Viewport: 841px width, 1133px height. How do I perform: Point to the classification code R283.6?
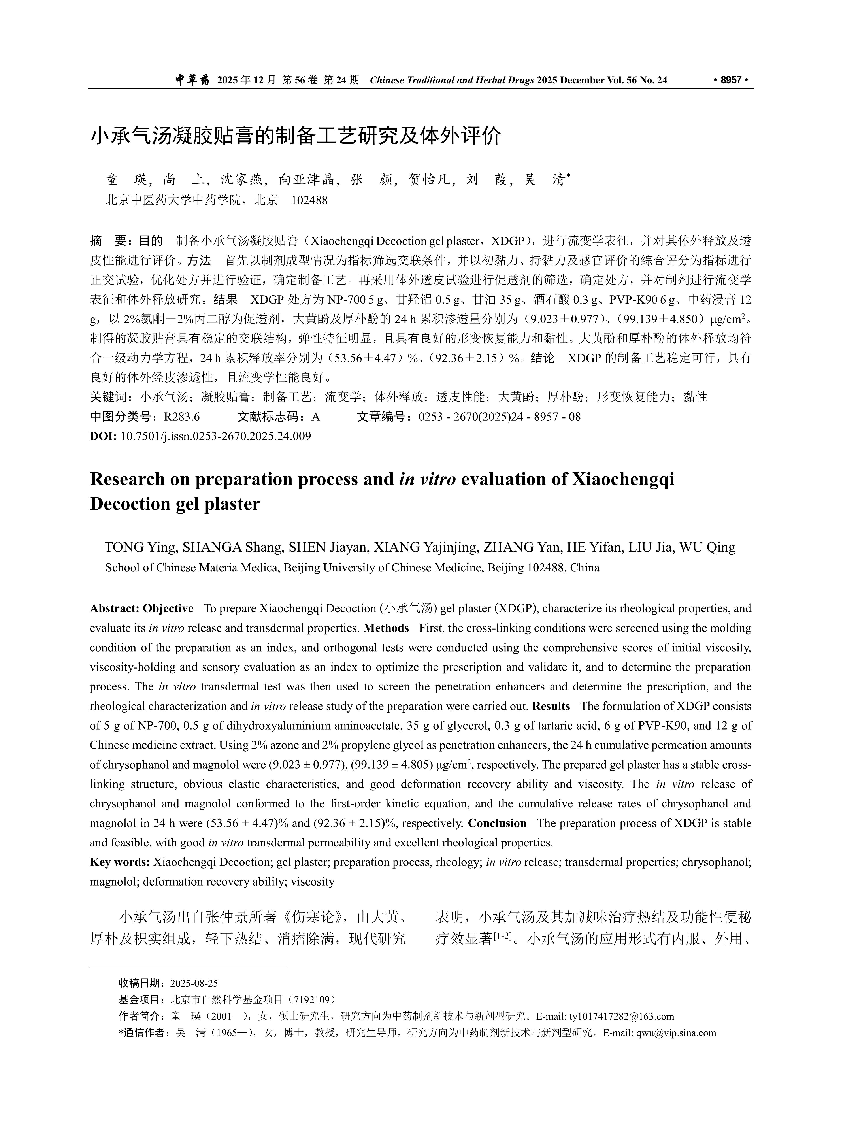coord(182,417)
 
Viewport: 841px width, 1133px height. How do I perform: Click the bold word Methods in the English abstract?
coord(386,628)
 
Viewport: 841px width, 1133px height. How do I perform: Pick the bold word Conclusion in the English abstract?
coord(497,823)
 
